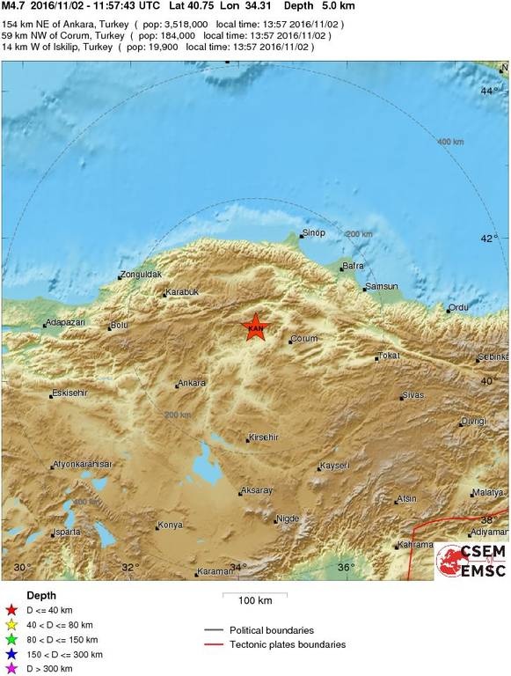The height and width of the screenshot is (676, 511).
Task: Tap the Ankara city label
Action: pos(192,383)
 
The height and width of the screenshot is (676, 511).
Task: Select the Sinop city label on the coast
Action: pos(314,232)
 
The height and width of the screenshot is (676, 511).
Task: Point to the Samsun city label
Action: pos(383,286)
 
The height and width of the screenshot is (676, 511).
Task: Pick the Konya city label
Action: pos(170,525)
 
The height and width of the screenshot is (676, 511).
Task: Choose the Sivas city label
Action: pos(412,396)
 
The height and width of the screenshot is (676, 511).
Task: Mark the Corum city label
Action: pos(303,338)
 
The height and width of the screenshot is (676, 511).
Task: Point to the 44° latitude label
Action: pos(489,90)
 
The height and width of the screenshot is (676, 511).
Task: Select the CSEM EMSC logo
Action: pos(471,561)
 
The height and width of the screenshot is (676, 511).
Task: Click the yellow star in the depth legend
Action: pos(11,625)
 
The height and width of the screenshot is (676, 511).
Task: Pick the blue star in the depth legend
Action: pos(11,655)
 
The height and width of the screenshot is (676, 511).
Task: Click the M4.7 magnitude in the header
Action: pos(14,5)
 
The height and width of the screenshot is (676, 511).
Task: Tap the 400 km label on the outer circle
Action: pos(450,142)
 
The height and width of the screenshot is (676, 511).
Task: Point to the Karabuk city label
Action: pos(184,292)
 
